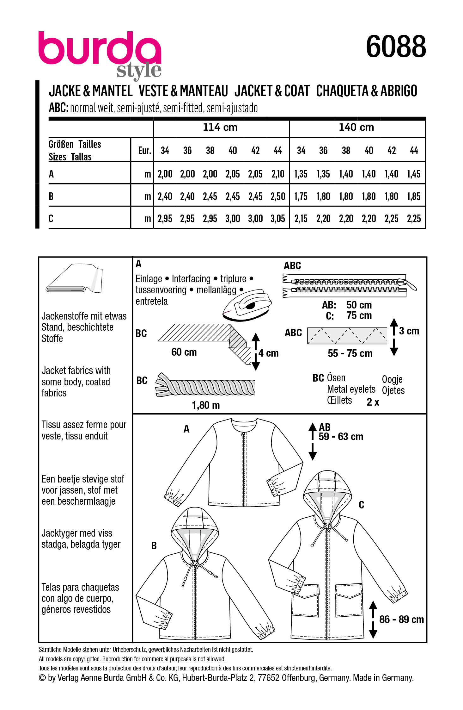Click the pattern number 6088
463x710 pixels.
396,47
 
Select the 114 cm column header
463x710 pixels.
220,127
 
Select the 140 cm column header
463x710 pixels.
356,127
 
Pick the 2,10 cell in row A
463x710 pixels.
278,174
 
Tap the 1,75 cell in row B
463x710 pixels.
301,196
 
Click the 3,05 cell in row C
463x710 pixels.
278,219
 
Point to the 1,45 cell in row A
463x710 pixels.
414,174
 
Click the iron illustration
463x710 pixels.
247,305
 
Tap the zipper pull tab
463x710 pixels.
410,284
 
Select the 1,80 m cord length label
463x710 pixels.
206,405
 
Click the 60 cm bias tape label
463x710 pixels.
184,352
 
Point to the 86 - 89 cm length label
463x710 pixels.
401,620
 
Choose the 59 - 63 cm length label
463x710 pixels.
341,437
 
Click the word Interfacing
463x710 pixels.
191,279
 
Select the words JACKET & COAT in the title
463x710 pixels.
272,91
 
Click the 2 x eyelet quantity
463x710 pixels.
373,402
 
